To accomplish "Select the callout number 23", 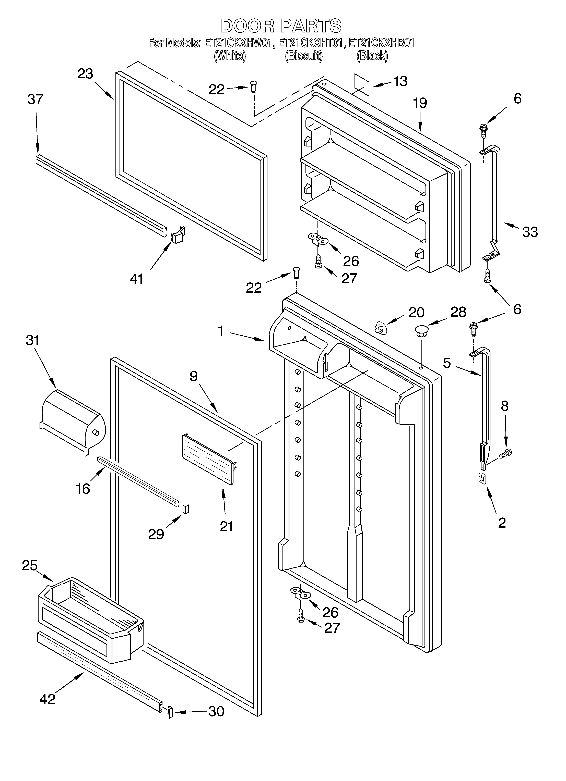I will (x=85, y=74).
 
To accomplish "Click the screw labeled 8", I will (x=506, y=453).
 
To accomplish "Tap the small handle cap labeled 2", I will (x=482, y=478).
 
